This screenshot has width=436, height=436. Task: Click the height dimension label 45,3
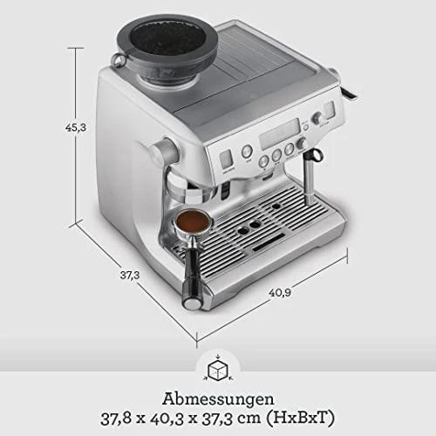coord(76,127)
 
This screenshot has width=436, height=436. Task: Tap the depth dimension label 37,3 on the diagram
coord(130,275)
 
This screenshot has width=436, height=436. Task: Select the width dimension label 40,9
coord(280,292)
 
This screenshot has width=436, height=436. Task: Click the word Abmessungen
coord(218,399)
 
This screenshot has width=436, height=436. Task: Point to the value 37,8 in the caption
coord(116,419)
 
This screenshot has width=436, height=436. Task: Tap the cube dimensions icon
coord(218,370)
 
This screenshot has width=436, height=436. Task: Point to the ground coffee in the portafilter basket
coord(193,220)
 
